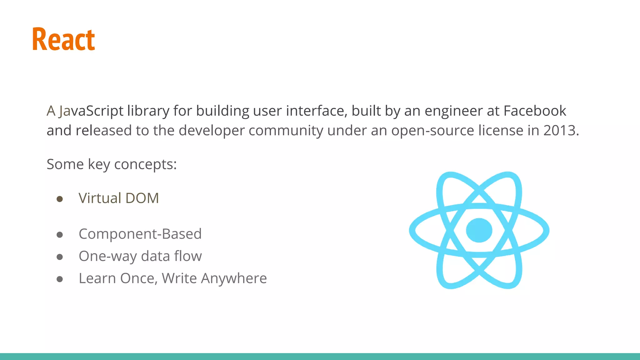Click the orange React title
tap(63, 39)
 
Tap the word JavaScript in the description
tap(91, 111)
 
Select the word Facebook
tap(535, 111)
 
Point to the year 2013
tap(559, 130)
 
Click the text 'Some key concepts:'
tap(112, 164)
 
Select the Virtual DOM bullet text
tap(119, 198)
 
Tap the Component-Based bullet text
tap(140, 234)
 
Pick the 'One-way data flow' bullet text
tap(140, 256)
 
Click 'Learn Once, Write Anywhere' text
tap(172, 278)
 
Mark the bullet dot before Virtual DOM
tap(60, 199)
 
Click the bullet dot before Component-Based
tap(60, 235)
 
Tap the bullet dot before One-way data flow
tap(60, 257)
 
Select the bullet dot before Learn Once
tap(60, 279)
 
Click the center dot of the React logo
tap(479, 230)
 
